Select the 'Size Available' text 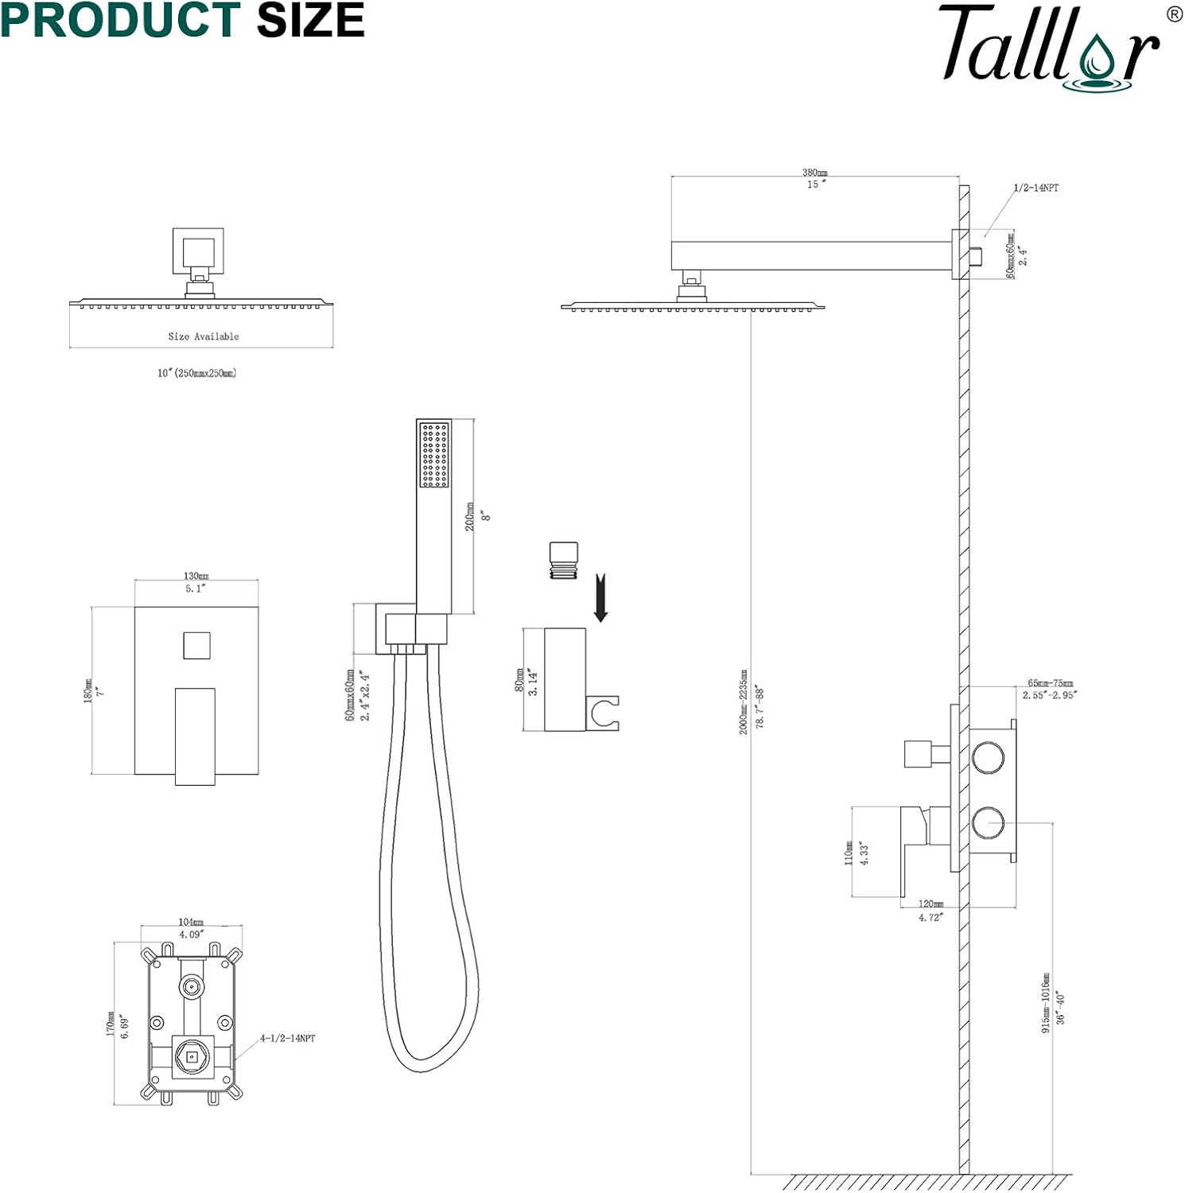(204, 336)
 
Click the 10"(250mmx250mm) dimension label (196, 373)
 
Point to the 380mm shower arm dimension (814, 173)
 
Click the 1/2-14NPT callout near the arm (1035, 188)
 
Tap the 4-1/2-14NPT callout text (287, 1038)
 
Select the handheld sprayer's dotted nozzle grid (433, 454)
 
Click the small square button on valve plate (196, 645)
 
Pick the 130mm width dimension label (196, 576)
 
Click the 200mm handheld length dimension (470, 516)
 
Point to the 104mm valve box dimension (191, 923)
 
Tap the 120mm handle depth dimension (931, 904)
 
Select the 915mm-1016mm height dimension (1046, 1003)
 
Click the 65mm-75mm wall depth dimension (1050, 683)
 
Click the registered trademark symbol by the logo (1174, 14)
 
